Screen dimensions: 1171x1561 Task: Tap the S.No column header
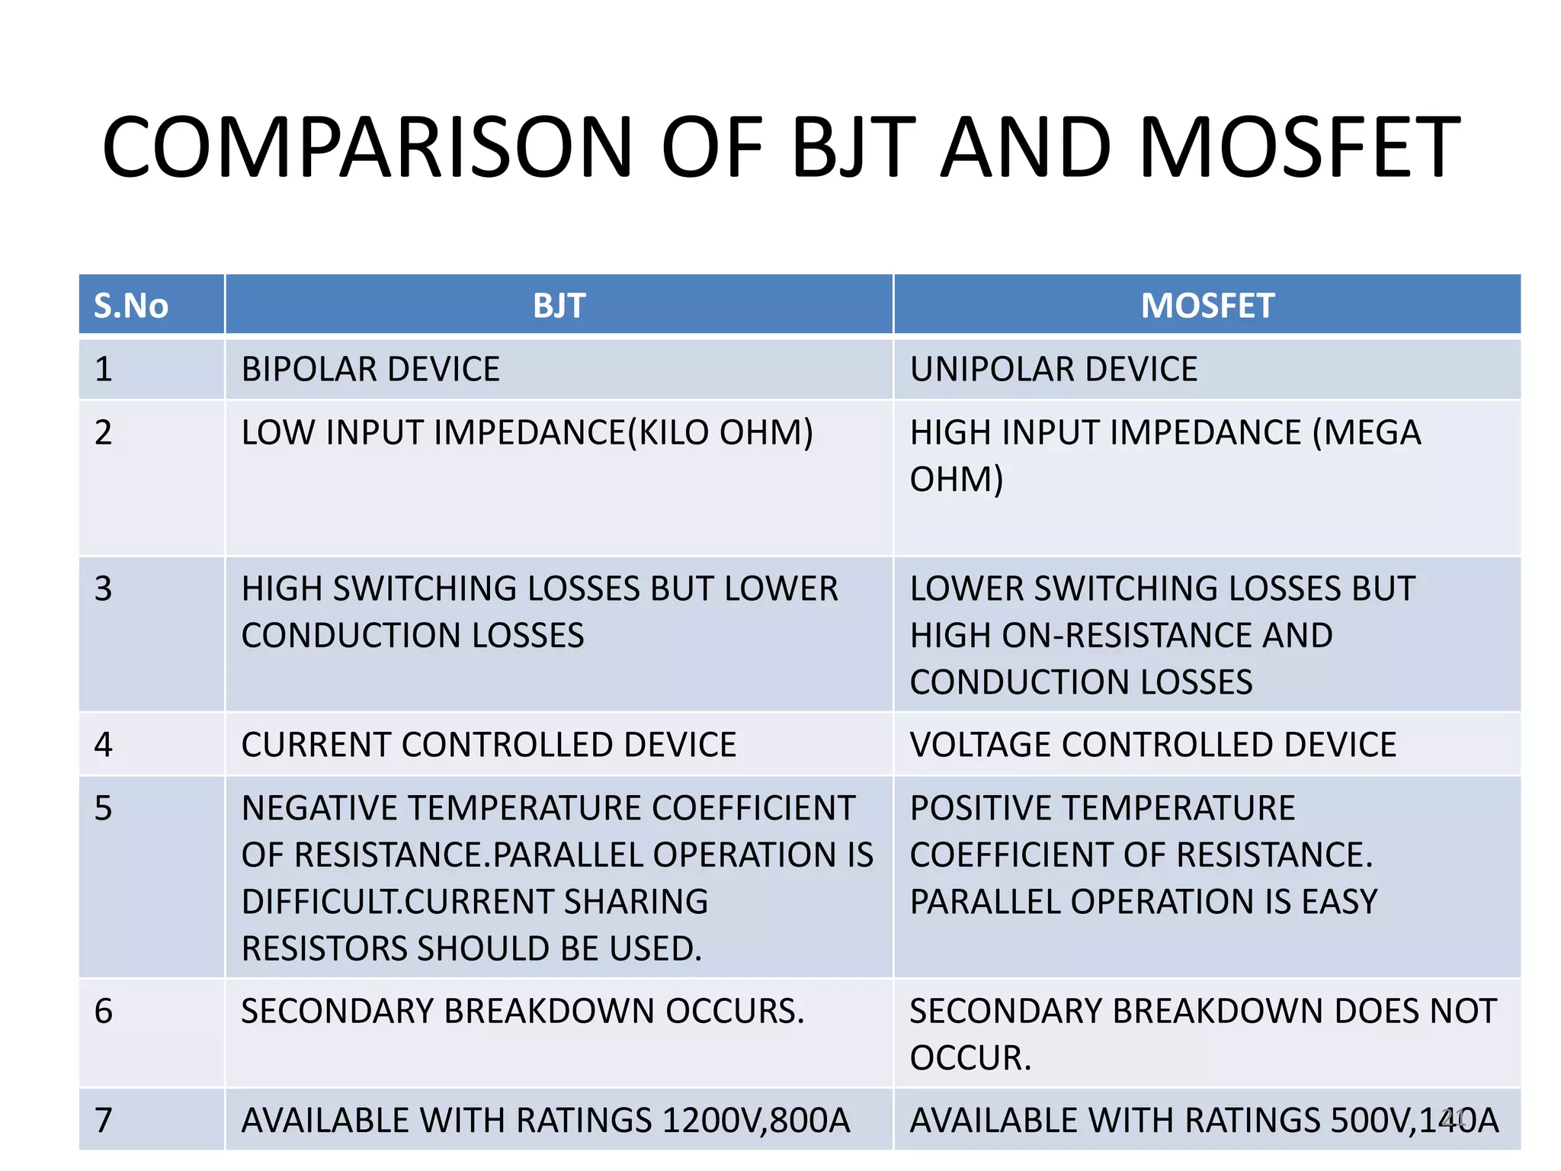pyautogui.click(x=131, y=306)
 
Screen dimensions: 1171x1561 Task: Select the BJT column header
pyautogui.click(x=559, y=306)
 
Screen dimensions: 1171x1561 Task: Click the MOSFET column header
pyautogui.click(x=1207, y=306)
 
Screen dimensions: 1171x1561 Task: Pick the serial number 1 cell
pyautogui.click(x=104, y=370)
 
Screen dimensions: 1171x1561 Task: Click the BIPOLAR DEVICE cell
pyautogui.click(x=370, y=370)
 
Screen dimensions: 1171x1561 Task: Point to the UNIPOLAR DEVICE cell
pyautogui.click(x=1053, y=370)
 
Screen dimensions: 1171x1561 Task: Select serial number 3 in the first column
pyautogui.click(x=104, y=589)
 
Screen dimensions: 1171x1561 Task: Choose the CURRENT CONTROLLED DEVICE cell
pyautogui.click(x=489, y=745)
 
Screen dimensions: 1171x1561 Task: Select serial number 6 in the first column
pyautogui.click(x=104, y=1012)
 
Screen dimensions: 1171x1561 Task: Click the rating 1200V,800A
pyautogui.click(x=755, y=1121)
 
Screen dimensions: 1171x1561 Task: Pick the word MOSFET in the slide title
pyautogui.click(x=1299, y=147)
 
